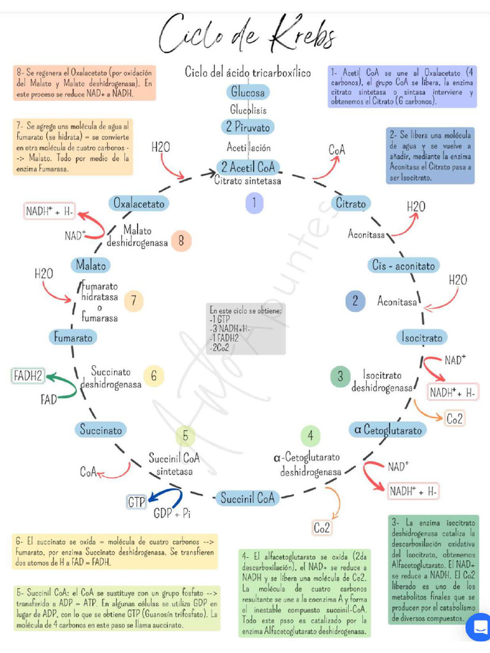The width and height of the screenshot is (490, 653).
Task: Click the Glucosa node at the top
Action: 248,92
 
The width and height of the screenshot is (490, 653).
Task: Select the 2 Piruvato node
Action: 248,127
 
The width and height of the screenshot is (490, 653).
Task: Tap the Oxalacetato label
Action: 139,203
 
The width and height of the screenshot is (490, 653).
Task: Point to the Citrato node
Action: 351,204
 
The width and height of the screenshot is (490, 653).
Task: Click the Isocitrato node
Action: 421,337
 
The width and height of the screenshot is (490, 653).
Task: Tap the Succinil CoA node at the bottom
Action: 247,498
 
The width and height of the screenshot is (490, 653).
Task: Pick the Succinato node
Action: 100,430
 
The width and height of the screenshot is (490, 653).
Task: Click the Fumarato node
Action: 73,337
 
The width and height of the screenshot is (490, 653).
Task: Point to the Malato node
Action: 91,264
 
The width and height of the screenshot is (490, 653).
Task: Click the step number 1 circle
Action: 254,203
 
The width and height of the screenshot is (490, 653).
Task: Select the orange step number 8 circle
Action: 181,240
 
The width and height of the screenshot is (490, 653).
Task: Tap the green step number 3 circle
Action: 340,376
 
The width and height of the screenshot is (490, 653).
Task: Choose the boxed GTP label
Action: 137,502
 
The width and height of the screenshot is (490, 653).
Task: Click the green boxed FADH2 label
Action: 28,376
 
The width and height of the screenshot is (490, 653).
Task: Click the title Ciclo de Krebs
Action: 248,35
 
